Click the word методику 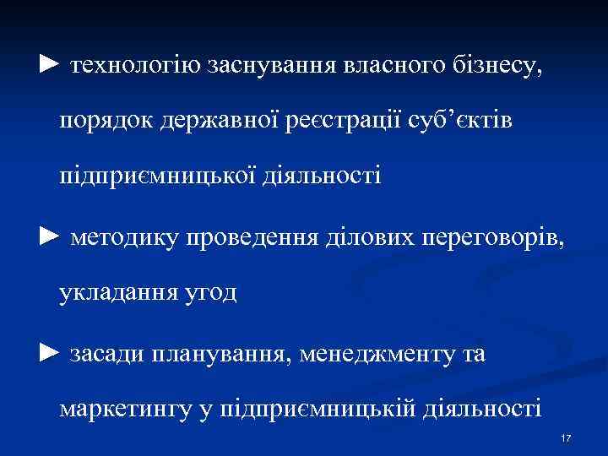pos(125,236)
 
